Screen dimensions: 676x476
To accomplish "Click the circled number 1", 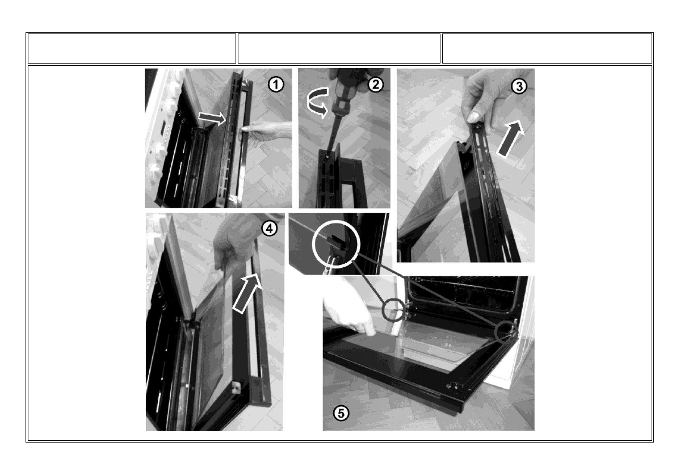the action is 276,84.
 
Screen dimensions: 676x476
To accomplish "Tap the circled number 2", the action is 376,85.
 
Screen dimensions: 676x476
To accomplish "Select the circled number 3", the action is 519,87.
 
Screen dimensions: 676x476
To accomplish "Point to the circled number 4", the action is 270,228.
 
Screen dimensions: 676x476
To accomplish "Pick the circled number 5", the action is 341,414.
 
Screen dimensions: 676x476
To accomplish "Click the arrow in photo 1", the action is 212,117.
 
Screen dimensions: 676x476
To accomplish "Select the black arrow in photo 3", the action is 510,138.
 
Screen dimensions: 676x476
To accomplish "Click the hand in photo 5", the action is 347,312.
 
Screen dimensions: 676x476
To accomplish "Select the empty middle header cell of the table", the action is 339,48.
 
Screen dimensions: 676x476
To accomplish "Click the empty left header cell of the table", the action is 132,48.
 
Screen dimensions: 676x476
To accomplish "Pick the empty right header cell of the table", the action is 547,48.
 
